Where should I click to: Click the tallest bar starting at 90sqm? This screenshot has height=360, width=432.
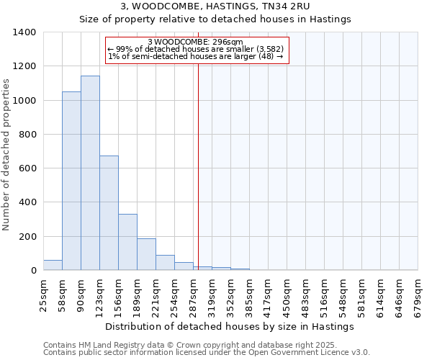pyautogui.click(x=90, y=173)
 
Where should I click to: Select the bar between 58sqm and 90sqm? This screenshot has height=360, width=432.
pyautogui.click(x=71, y=181)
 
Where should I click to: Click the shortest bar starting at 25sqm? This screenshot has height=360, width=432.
pyautogui.click(x=53, y=265)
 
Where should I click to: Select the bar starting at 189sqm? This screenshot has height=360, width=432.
pyautogui.click(x=146, y=254)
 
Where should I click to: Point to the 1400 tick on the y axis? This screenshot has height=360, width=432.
pyautogui.click(x=24, y=32)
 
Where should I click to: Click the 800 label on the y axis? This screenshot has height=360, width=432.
pyautogui.click(x=27, y=135)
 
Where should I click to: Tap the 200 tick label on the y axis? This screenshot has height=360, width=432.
pyautogui.click(x=27, y=237)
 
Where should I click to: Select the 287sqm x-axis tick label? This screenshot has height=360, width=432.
pyautogui.click(x=194, y=295)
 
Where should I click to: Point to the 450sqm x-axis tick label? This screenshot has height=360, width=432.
pyautogui.click(x=287, y=295)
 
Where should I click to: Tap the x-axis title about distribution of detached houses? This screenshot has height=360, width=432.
pyautogui.click(x=230, y=326)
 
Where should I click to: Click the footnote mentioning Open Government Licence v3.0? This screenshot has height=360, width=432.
pyautogui.click(x=207, y=353)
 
